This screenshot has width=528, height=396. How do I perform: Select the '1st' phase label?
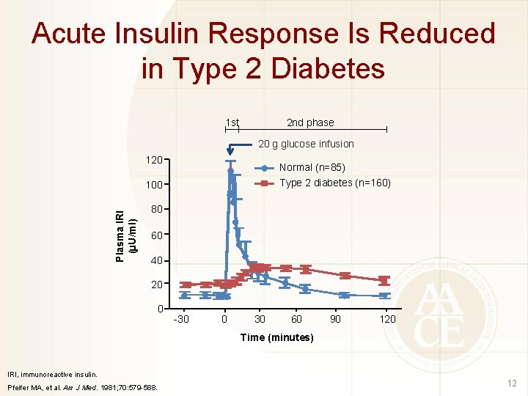pos(232,122)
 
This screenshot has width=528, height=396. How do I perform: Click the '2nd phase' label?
pos(309,122)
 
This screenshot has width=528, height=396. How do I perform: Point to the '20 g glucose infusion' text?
pos(306,144)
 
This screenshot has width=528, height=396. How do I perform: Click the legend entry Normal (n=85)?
pos(312,167)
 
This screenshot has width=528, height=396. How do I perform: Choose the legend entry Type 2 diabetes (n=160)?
pos(335,183)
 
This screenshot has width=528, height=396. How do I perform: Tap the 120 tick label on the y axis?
pos(154,159)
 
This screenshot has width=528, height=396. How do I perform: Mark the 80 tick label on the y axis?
pos(156,210)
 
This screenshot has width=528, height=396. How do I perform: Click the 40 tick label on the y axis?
pos(156,262)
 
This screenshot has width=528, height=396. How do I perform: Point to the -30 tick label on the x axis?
pos(180,319)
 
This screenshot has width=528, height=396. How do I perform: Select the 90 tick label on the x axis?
pos(335,319)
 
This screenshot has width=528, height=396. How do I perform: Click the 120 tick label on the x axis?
pos(387,319)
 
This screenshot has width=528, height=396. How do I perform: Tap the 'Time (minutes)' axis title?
pos(277,337)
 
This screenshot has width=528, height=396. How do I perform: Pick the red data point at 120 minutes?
pos(384,280)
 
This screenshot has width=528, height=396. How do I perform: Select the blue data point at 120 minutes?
pos(384,296)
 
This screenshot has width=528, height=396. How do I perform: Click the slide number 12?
pos(511,384)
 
